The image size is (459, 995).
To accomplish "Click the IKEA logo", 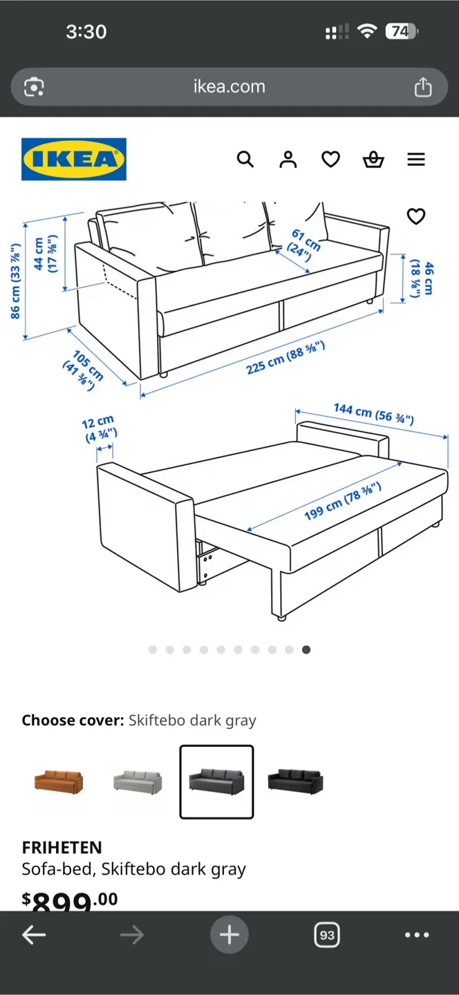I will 74,160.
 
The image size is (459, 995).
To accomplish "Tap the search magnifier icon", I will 245,160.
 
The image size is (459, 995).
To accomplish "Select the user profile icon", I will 288,160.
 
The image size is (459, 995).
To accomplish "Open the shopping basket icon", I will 373,160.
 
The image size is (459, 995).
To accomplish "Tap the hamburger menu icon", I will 415,160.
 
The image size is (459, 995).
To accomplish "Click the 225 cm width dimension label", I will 285,357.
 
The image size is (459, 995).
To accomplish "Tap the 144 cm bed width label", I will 373,413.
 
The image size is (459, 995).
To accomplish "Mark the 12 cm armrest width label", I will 100,428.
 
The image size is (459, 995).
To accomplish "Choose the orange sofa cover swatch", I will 59,781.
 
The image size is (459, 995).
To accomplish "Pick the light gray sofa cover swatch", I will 138,781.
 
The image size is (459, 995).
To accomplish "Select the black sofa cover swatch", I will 295,781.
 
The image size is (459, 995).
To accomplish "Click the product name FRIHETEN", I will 62,847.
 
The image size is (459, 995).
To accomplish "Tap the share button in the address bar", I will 422,87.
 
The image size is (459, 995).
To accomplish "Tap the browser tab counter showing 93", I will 326,935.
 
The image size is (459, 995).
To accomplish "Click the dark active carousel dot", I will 306,650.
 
